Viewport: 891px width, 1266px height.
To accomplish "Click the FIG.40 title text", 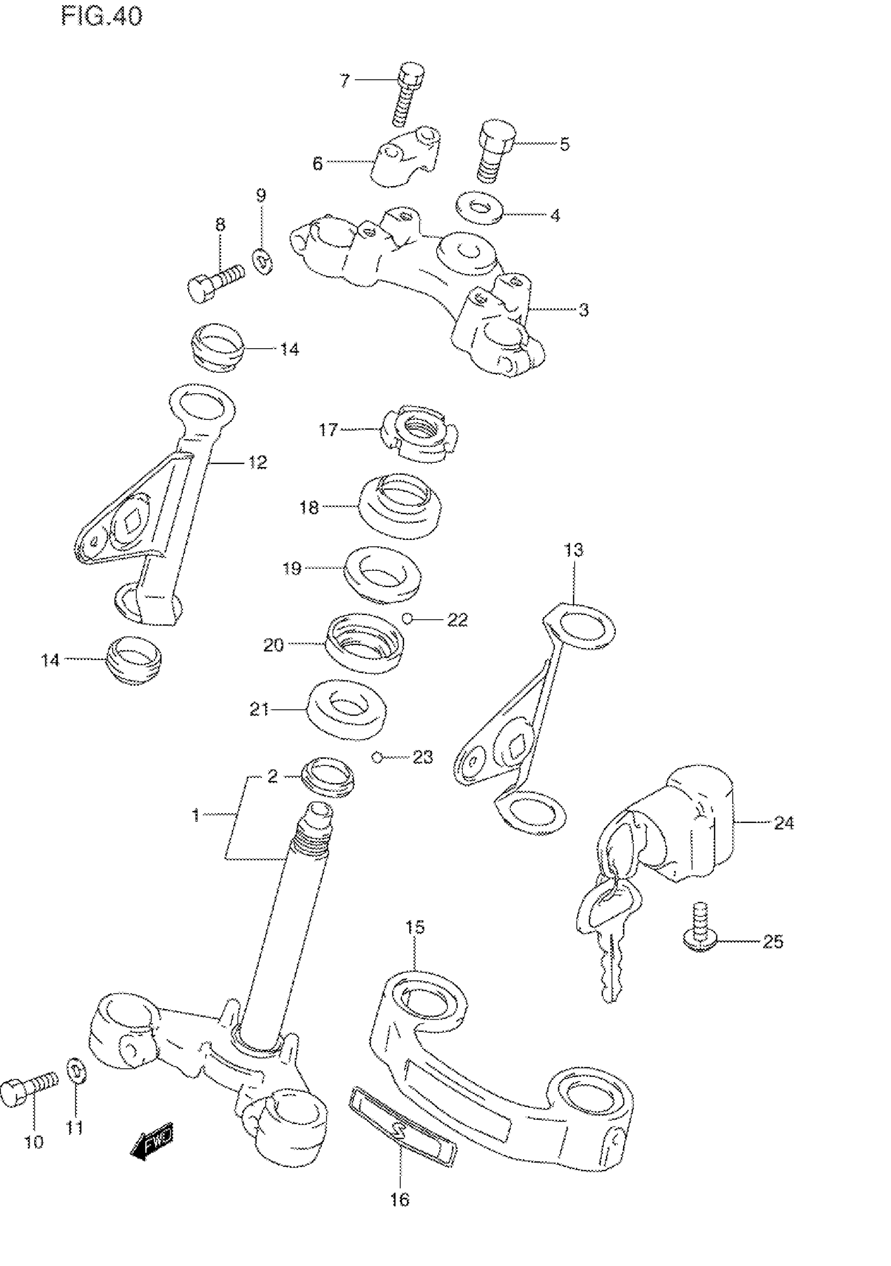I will pyautogui.click(x=102, y=17).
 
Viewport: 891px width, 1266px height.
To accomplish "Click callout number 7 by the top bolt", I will pyautogui.click(x=344, y=81).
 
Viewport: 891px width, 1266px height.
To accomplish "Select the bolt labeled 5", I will pyautogui.click(x=495, y=151).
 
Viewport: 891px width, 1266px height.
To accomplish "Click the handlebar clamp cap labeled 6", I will pyautogui.click(x=407, y=156).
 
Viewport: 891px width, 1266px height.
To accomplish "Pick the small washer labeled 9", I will pyautogui.click(x=264, y=262).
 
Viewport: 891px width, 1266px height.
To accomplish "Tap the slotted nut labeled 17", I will pyautogui.click(x=420, y=432).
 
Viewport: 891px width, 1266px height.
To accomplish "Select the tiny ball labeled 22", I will pyautogui.click(x=407, y=619).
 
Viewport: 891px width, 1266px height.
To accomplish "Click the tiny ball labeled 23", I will pyautogui.click(x=377, y=757).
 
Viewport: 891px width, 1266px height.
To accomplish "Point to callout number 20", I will pyautogui.click(x=273, y=645).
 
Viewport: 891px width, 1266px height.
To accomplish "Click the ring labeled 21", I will pyautogui.click(x=346, y=709).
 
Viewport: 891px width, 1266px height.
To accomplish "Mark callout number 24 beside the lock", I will pyautogui.click(x=784, y=823).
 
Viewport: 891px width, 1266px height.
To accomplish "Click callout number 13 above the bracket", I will pyautogui.click(x=573, y=550).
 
